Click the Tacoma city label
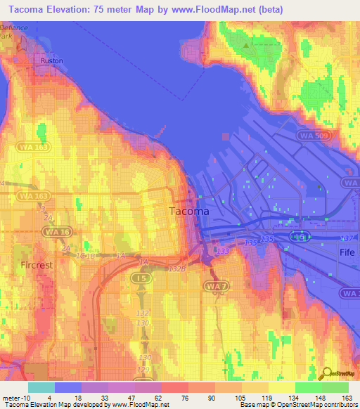point(188,211)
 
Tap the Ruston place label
point(52,61)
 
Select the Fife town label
point(347,252)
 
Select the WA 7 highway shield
point(214,286)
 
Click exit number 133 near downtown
point(223,251)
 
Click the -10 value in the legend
point(20,397)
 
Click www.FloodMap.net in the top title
point(221,9)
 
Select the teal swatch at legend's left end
point(41,387)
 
